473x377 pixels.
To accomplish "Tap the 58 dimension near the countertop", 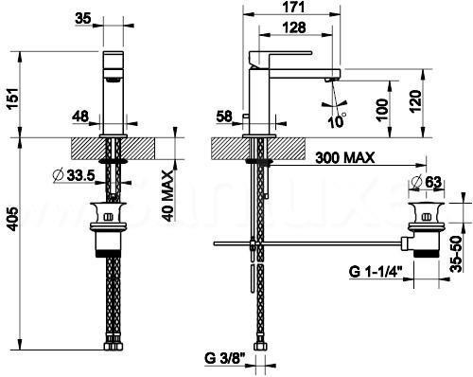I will click(225, 118).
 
